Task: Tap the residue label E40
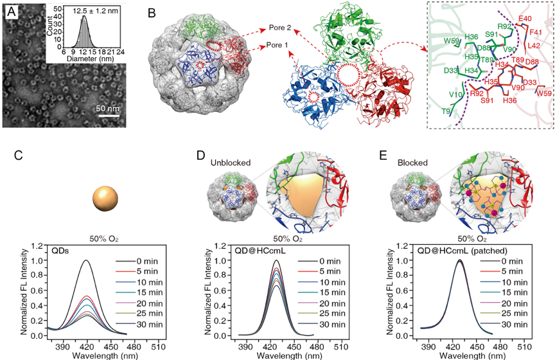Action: pos(531,19)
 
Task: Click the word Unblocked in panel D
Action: pos(229,163)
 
